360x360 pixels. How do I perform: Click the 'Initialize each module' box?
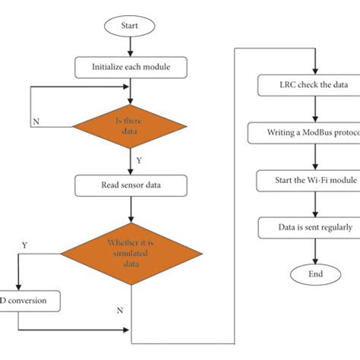[x=131, y=66]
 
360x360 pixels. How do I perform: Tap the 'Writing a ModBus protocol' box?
[x=305, y=134]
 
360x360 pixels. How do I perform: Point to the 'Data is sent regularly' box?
[x=305, y=227]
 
